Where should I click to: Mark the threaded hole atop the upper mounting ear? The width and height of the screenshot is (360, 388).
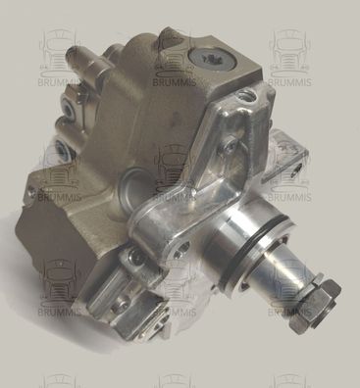[x=242, y=96]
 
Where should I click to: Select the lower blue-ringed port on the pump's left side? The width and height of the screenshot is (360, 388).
[x=61, y=148]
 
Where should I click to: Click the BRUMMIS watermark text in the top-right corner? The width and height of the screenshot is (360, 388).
[x=289, y=82]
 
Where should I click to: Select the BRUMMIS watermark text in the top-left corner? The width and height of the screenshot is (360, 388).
[x=58, y=82]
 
